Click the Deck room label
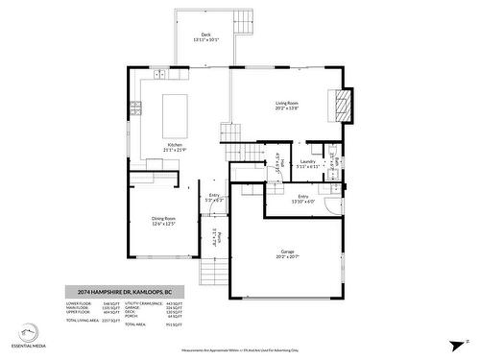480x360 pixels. [205, 36]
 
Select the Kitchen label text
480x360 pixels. [175, 147]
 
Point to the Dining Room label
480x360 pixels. [165, 221]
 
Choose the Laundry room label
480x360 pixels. [308, 164]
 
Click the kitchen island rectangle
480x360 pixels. [174, 114]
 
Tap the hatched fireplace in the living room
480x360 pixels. [341, 105]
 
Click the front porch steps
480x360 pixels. [215, 276]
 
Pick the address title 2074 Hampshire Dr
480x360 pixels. [124, 292]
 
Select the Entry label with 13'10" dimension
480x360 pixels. [303, 199]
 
